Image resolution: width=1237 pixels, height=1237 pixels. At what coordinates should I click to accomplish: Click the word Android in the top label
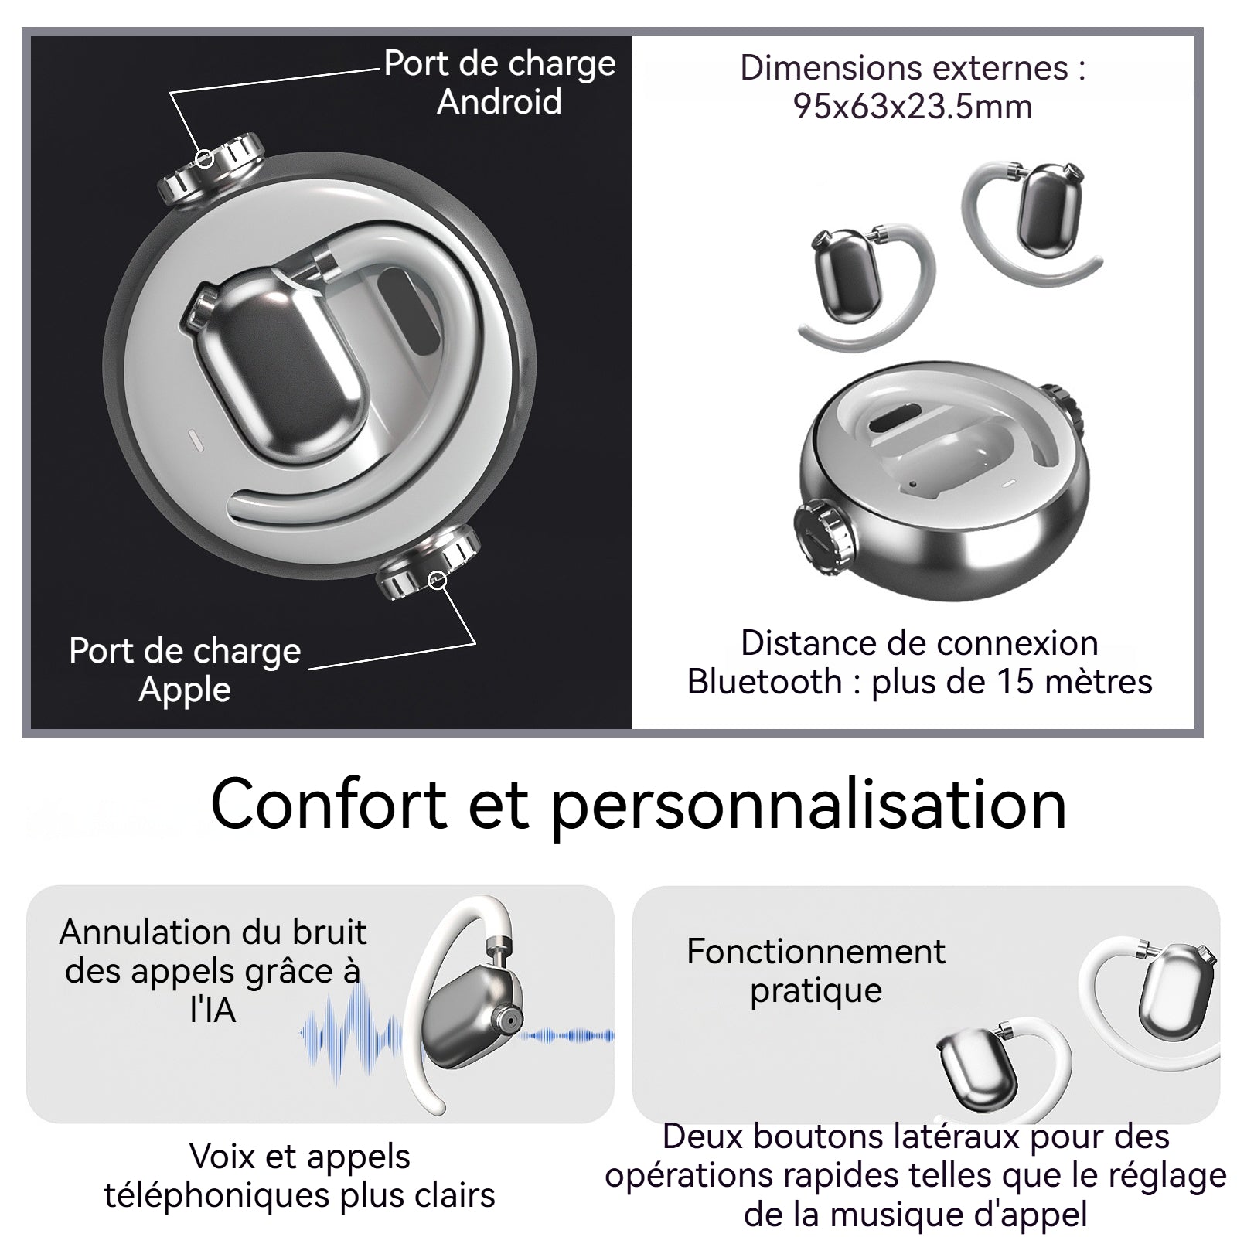coord(499,102)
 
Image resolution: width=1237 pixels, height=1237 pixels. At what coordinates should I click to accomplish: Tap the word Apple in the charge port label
coord(185,690)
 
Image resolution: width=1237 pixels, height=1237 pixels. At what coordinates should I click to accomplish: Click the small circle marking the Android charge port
coord(204,158)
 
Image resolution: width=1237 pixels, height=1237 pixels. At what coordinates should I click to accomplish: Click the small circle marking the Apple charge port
coord(438,579)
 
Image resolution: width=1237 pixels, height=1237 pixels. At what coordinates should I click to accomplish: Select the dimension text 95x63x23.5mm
coord(913,107)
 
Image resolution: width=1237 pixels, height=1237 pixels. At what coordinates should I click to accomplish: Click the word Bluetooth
coord(765,682)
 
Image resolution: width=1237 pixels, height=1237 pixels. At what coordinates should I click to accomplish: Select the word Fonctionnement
coord(816,952)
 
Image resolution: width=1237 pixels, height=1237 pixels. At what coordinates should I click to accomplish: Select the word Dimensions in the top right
coord(826,68)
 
